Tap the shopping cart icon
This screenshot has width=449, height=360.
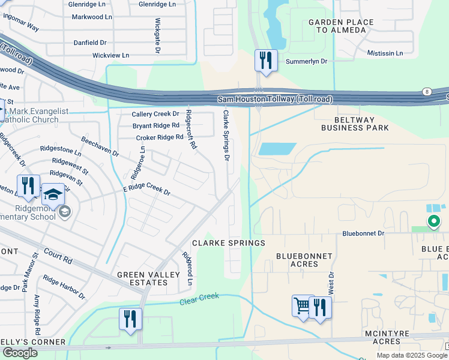click(x=302, y=307)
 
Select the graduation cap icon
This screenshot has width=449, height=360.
click(x=53, y=195)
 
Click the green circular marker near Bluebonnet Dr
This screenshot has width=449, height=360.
click(x=433, y=221)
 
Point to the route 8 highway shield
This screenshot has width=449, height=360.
click(x=426, y=92)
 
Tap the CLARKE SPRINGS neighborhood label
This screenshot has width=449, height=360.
click(x=228, y=243)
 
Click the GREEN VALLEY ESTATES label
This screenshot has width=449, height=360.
click(x=148, y=278)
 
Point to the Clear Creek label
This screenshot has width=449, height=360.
click(x=200, y=299)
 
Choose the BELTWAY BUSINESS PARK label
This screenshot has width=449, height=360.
click(x=355, y=123)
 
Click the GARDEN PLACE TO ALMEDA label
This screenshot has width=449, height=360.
click(x=341, y=26)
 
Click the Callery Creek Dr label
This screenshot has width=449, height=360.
click(x=155, y=113)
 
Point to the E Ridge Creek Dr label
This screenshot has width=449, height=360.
click(x=146, y=190)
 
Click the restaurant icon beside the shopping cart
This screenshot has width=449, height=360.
click(x=320, y=307)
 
